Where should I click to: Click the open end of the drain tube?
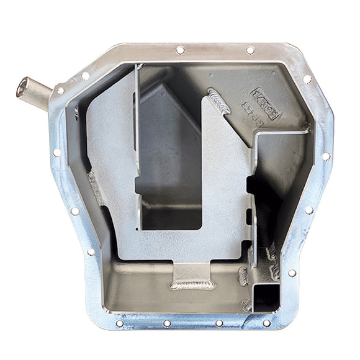click(x=23, y=87)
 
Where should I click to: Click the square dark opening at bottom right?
click(x=266, y=294)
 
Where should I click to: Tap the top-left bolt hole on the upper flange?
click(x=180, y=50)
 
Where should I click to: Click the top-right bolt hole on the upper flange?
click(x=250, y=50)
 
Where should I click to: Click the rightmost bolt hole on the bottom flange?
click(x=266, y=323)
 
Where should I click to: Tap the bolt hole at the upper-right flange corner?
click(x=307, y=79)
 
